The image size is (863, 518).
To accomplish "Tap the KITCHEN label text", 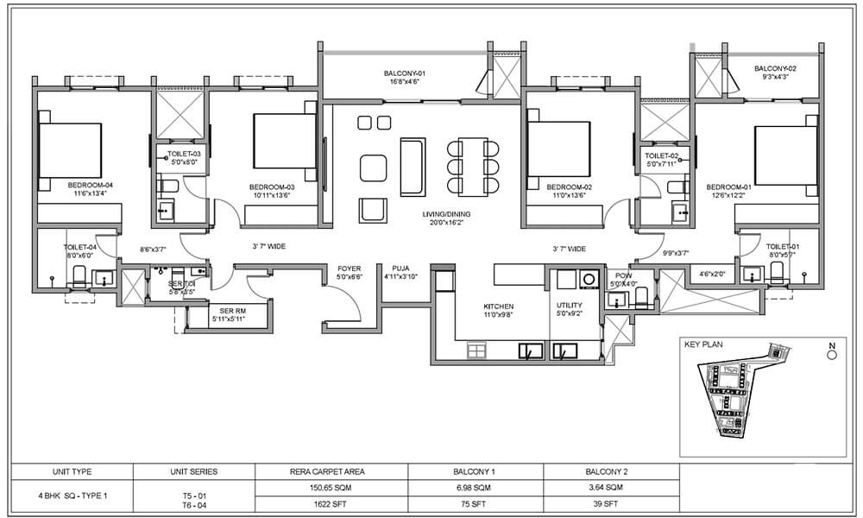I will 499,306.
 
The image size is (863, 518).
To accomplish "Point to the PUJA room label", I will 400,268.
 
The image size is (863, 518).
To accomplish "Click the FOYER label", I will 350,268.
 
